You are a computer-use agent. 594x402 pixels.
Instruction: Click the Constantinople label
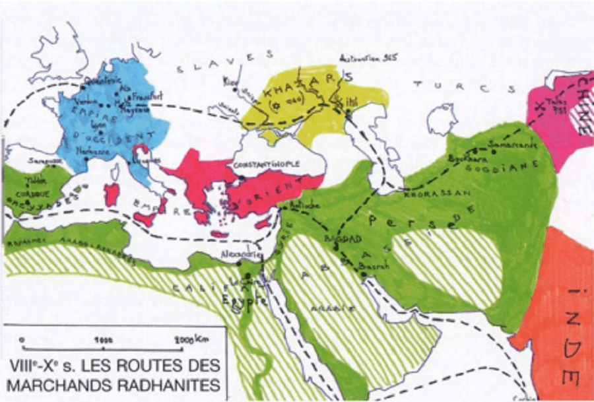(x=267, y=163)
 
